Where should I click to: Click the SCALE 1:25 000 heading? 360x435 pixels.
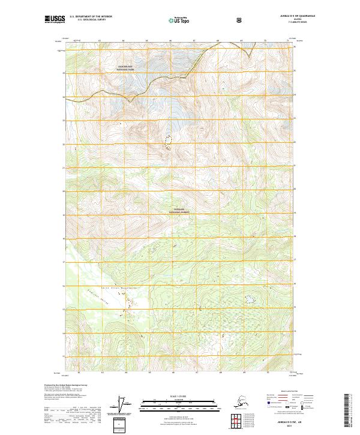(x=180, y=396)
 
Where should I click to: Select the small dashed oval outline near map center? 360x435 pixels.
(x=167, y=142)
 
